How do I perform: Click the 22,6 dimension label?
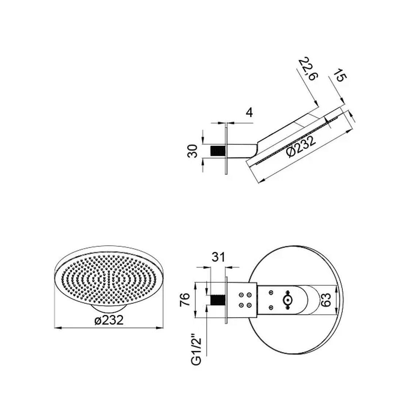[x=308, y=69]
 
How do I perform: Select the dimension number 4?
[x=249, y=113]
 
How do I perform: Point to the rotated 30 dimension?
[x=193, y=151]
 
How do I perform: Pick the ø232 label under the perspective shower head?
[x=109, y=320]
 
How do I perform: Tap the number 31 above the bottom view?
[x=218, y=257]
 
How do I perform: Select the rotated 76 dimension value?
[x=185, y=299]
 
